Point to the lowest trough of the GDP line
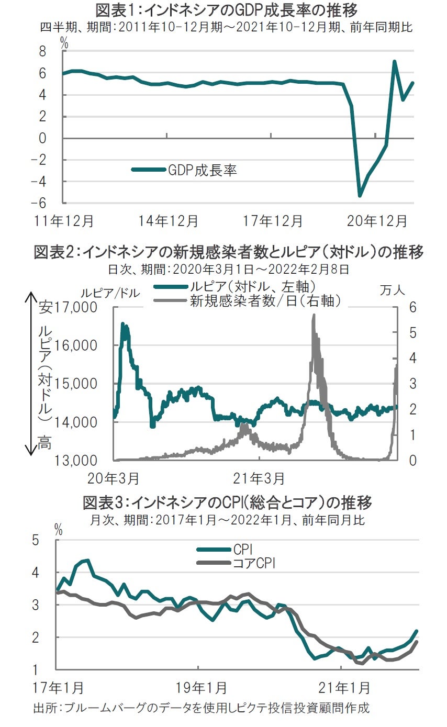[x=360, y=196]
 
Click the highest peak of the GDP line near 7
[x=394, y=62]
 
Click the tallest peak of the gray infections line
[x=314, y=316]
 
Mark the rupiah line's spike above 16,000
[x=123, y=325]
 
